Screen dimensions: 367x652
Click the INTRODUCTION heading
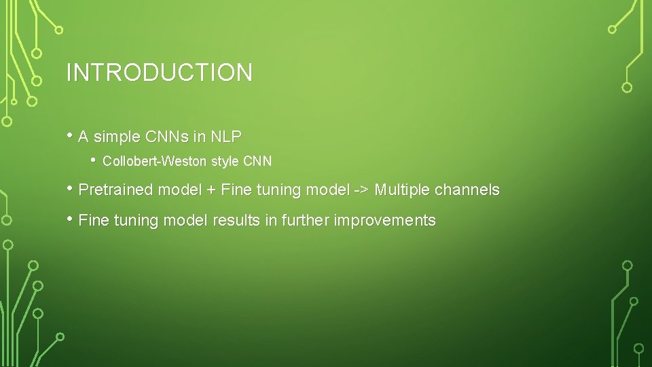click(159, 73)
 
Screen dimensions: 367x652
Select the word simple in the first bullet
click(116, 137)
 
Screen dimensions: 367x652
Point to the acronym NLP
click(225, 137)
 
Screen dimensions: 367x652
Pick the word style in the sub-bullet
click(224, 162)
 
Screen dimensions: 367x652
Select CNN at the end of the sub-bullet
click(257, 162)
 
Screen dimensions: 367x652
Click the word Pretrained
click(116, 190)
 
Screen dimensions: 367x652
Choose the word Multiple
click(402, 190)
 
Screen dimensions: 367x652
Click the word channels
click(467, 190)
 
